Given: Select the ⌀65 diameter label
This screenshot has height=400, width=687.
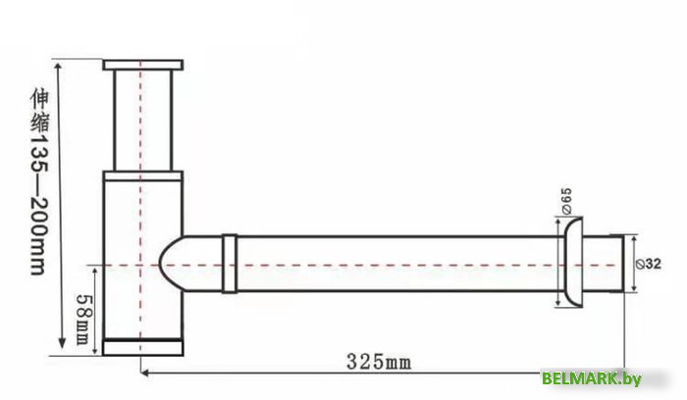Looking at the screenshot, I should (566, 200).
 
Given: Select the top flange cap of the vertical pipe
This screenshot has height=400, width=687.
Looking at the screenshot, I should (143, 65).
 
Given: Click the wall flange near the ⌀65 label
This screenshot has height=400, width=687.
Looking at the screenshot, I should (569, 265).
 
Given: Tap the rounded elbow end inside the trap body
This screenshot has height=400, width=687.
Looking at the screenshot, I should (169, 265).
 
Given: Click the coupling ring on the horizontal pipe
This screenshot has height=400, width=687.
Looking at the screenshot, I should (229, 264).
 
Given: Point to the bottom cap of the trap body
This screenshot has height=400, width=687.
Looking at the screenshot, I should (143, 346).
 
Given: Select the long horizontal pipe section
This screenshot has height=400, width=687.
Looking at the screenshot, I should (393, 265).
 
